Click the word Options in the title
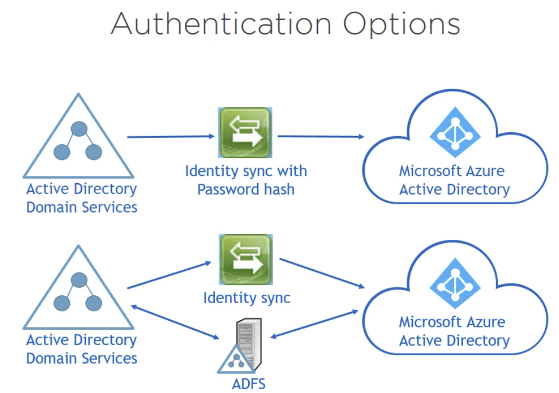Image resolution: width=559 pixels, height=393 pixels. pos(401,24)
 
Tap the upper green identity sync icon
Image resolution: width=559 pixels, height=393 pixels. pos(245,133)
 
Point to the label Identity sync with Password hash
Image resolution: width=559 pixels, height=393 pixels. pos(245,179)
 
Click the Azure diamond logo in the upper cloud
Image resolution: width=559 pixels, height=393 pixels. pos(455,134)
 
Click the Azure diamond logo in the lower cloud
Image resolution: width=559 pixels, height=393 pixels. pos(455,284)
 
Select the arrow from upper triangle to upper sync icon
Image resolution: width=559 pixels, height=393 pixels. pos(170,136)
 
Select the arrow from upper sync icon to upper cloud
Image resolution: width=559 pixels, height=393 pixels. pos(321,136)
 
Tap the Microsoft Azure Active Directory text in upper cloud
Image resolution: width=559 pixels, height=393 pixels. pos(454,179)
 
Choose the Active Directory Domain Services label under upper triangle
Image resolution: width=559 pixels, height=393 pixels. pos(82,198)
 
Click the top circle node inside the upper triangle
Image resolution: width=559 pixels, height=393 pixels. pos(79,129)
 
